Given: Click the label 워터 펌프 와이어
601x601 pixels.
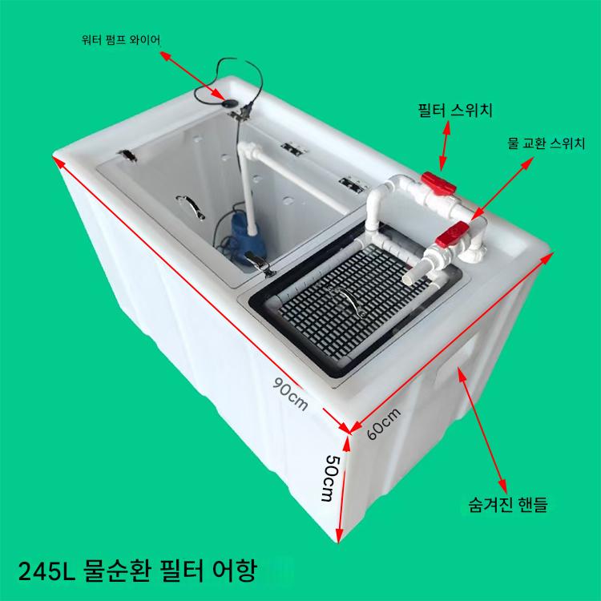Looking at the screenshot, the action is [x=121, y=40].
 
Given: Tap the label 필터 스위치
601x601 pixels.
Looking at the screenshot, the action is [x=455, y=111].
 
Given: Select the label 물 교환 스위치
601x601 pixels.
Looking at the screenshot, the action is [x=547, y=143].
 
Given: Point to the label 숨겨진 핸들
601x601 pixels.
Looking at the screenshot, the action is [x=508, y=504].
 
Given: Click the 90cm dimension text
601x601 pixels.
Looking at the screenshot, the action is [x=290, y=393].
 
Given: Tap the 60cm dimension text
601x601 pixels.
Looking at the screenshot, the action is [x=384, y=423].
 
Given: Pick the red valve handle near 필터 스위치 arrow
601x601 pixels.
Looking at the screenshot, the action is [x=438, y=183].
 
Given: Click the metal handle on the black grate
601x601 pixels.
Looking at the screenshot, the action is [x=348, y=300].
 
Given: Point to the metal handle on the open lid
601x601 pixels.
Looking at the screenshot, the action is [x=191, y=206].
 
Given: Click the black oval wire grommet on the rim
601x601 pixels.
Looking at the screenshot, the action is [x=231, y=103].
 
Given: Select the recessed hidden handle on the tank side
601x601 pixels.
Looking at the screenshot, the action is [x=456, y=357].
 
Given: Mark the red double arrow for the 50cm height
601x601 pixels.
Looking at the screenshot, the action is [x=343, y=490].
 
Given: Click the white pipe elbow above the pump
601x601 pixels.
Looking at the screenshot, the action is [x=246, y=150].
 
